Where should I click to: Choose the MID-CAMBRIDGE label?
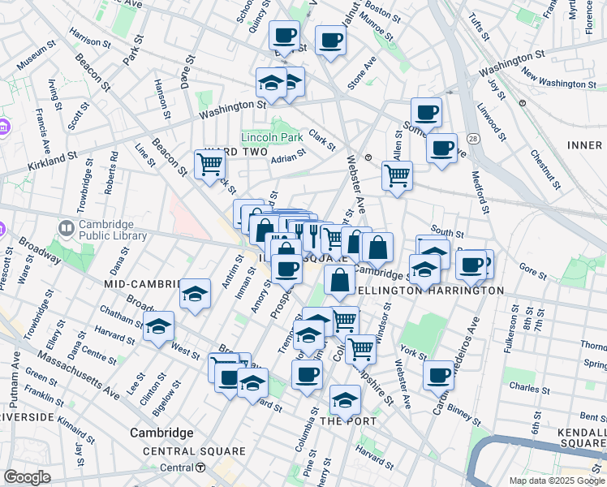pyautogui.click(x=140, y=284)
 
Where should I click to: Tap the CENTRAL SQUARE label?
pyautogui.click(x=193, y=451)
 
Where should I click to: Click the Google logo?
pyautogui.click(x=27, y=477)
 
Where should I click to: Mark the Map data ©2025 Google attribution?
pyautogui.click(x=557, y=481)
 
